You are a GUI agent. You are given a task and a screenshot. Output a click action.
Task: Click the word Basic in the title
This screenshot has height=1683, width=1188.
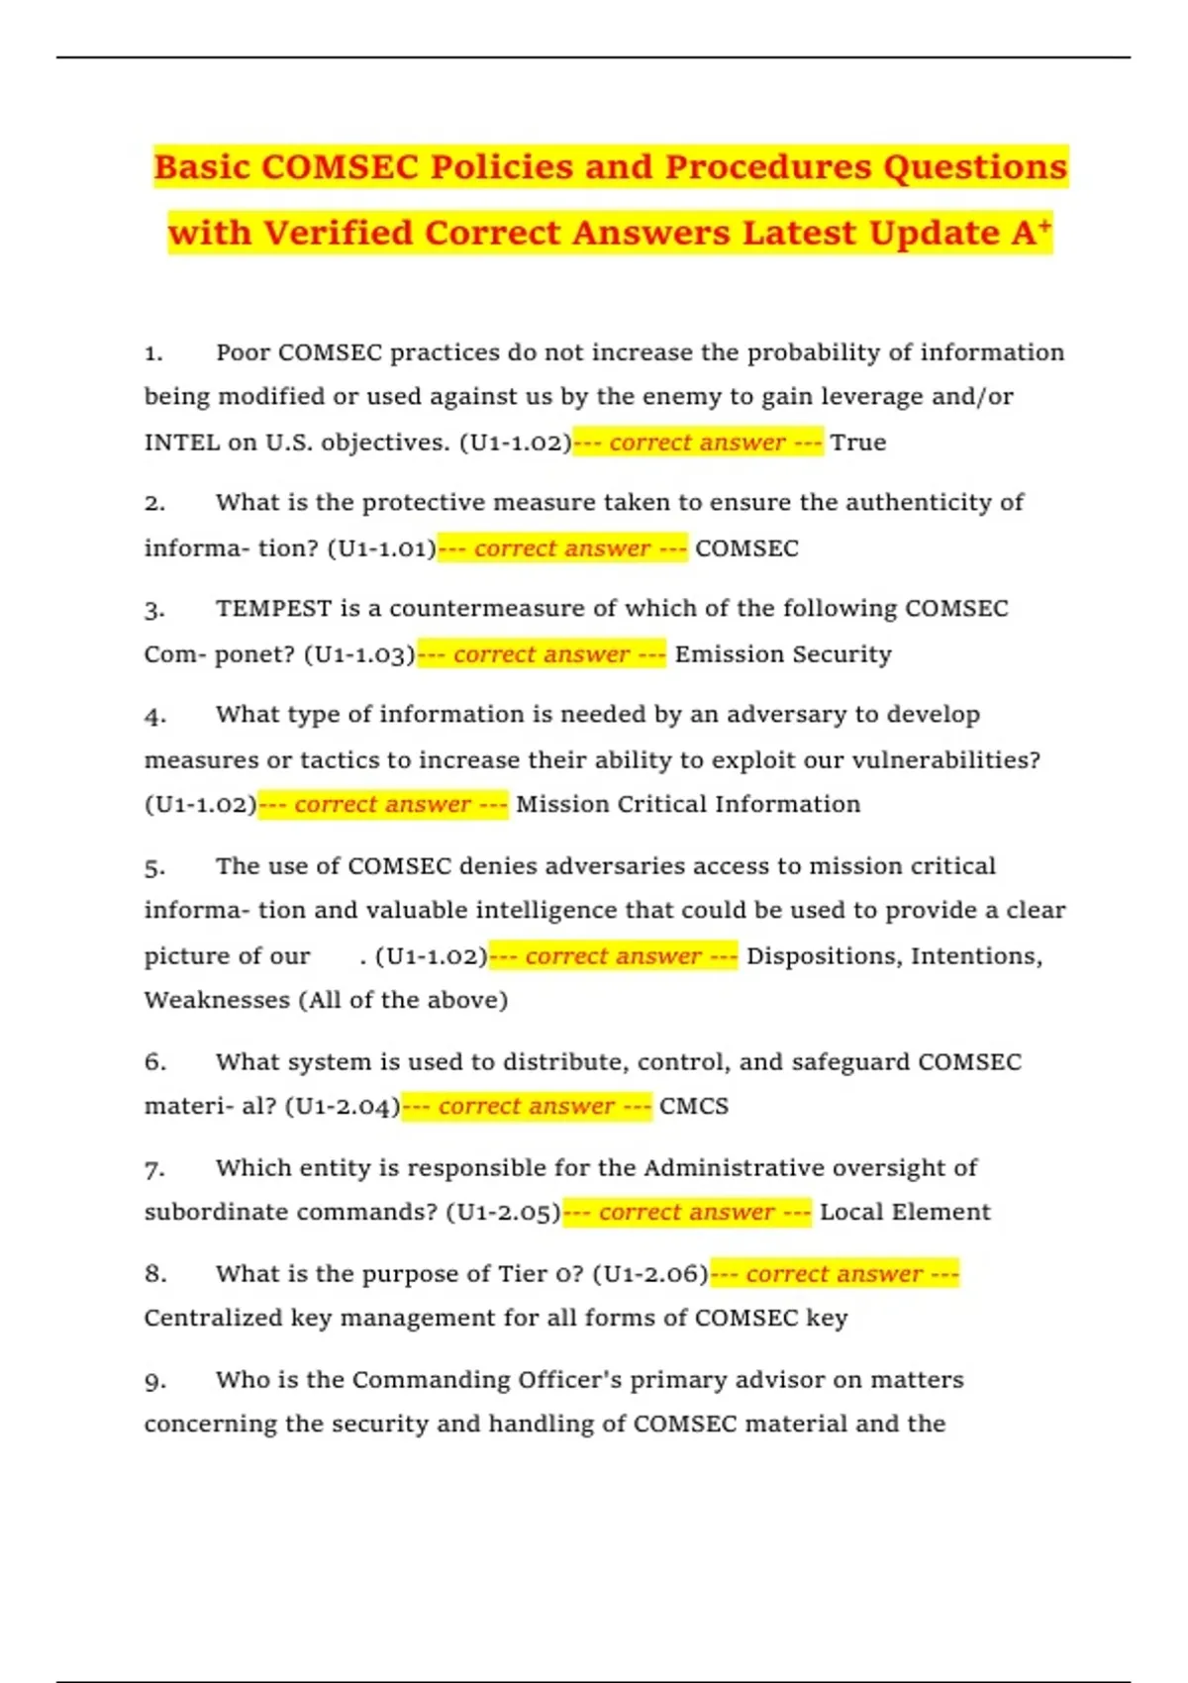pos(202,167)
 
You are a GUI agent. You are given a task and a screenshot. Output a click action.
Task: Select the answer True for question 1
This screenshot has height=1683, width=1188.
pos(858,443)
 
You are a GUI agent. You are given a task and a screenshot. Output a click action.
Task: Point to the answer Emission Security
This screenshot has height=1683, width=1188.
pos(783,654)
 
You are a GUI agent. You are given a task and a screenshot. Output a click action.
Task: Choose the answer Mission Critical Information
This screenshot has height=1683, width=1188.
pos(688,804)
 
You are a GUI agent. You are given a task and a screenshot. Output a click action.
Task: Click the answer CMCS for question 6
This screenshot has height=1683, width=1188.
pos(694,1106)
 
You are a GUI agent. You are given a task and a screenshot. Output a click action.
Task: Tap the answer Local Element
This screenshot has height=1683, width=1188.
pos(905,1212)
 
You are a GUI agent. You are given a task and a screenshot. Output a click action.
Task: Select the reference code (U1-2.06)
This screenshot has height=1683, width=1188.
pos(650,1274)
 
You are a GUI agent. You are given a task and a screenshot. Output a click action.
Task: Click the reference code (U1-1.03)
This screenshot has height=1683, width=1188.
pos(359,654)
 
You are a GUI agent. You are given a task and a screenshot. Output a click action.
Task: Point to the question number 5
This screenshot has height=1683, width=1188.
pos(154,867)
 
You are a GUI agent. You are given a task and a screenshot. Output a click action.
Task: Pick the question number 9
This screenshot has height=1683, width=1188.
pos(154,1381)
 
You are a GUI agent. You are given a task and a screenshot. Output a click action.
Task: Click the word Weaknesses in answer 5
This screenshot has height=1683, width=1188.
pos(217,1000)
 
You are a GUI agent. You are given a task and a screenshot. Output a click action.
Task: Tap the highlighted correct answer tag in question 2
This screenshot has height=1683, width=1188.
pos(562,548)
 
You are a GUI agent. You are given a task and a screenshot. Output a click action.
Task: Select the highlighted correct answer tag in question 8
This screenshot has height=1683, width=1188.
pos(835,1274)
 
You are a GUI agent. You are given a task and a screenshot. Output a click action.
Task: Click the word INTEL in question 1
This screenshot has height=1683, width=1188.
pos(182,443)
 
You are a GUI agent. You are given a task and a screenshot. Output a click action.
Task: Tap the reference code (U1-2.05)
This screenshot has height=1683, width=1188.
pos(503,1212)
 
